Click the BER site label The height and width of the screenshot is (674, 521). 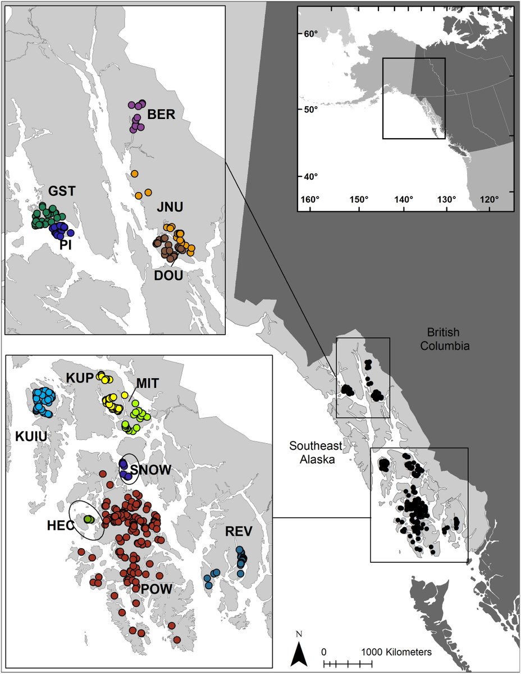click(x=162, y=115)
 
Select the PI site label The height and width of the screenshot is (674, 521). click(x=66, y=245)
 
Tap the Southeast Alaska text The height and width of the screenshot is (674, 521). click(x=316, y=452)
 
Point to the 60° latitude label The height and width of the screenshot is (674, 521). click(x=312, y=34)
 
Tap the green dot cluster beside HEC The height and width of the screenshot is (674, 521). click(x=88, y=519)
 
